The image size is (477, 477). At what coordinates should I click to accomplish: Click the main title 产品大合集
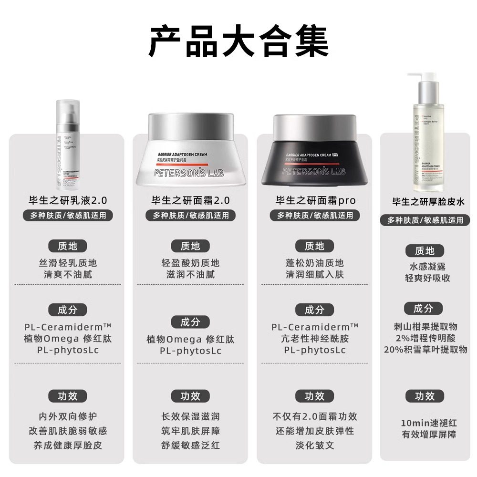238,42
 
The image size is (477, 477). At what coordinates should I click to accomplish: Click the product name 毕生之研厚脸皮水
428,202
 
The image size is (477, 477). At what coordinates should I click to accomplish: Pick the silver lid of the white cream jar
191,125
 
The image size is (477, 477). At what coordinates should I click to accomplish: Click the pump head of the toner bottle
420,77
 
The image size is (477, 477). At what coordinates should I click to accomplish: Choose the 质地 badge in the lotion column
68,246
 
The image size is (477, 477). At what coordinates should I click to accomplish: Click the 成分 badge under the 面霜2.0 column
190,322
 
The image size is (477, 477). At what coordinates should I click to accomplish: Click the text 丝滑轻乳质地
68,263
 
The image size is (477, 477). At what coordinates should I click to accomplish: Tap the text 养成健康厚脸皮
68,446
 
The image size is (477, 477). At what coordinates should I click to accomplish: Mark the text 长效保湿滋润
190,416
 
